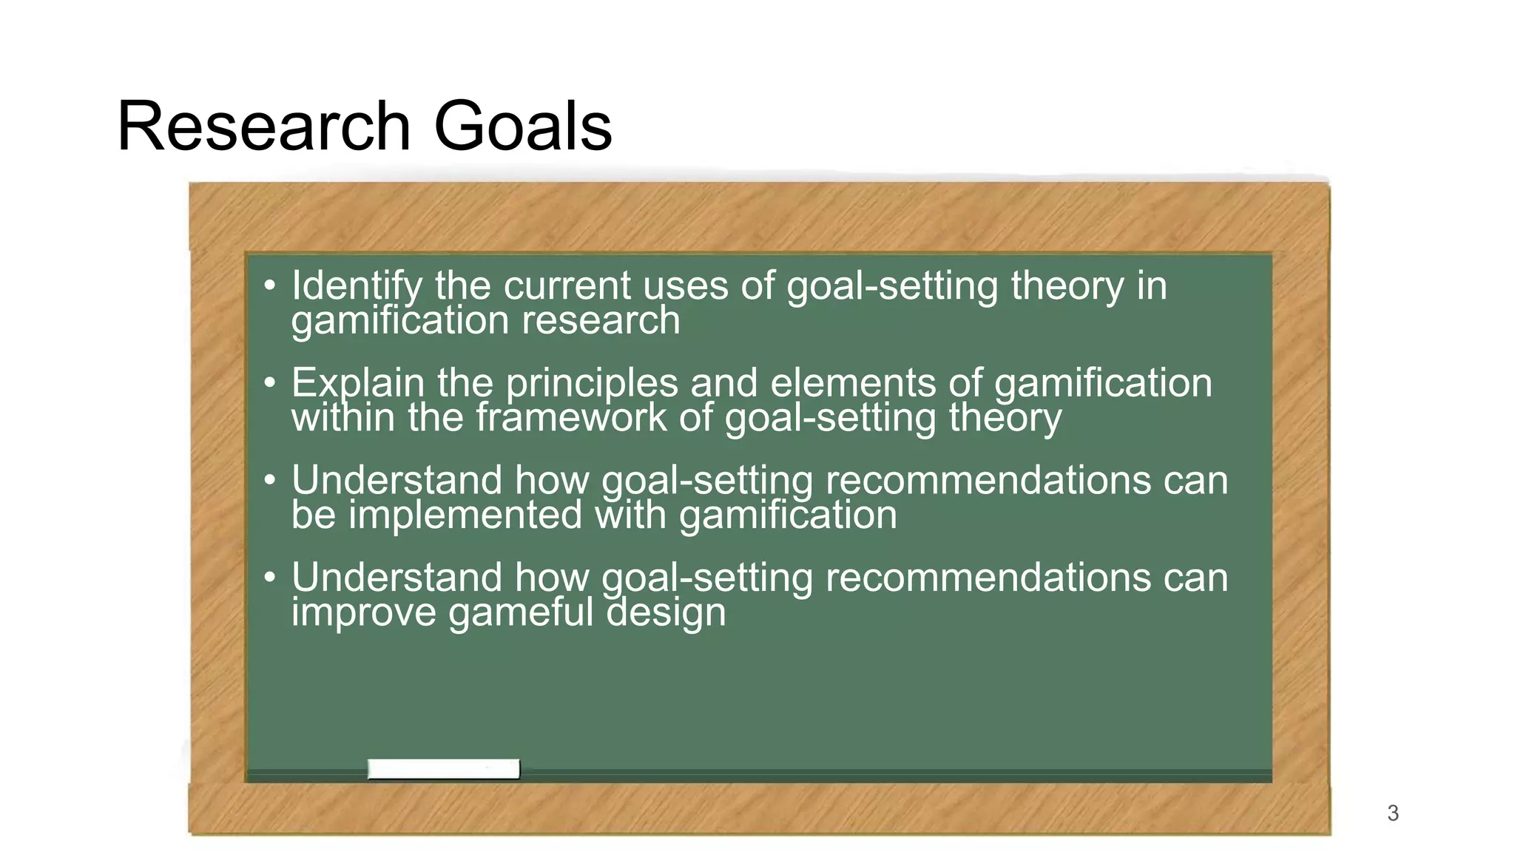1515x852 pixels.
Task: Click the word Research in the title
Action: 263,126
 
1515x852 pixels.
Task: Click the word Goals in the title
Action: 522,126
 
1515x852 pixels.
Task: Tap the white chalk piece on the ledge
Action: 444,769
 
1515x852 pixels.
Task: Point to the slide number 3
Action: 1393,814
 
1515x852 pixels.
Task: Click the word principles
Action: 592,383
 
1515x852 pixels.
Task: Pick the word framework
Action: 571,418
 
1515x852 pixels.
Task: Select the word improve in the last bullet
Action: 363,612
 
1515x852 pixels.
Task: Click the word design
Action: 666,612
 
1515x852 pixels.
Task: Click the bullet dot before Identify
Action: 270,285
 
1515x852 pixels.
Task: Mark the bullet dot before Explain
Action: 270,383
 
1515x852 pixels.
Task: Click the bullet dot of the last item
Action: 270,577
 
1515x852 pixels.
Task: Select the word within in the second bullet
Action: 343,418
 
